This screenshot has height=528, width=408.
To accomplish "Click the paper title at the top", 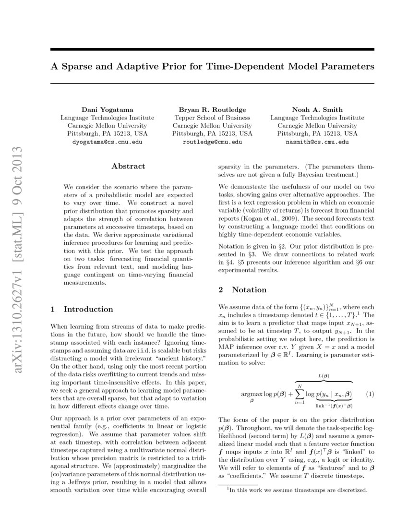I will click(x=212, y=66).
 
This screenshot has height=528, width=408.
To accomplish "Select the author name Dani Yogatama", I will click(x=107, y=109).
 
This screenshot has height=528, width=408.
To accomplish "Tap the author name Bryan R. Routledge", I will click(x=212, y=109).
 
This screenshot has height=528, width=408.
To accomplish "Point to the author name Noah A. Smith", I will click(x=317, y=109).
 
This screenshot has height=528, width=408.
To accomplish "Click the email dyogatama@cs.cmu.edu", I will click(x=107, y=142).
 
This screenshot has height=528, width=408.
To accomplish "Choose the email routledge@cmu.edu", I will click(x=212, y=142).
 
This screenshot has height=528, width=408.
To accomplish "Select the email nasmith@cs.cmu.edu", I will click(x=317, y=142).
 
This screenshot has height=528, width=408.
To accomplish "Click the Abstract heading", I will click(x=128, y=166).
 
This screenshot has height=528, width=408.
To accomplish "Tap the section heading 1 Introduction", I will click(x=82, y=309).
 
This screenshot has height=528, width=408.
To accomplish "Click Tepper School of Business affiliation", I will click(x=212, y=118).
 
